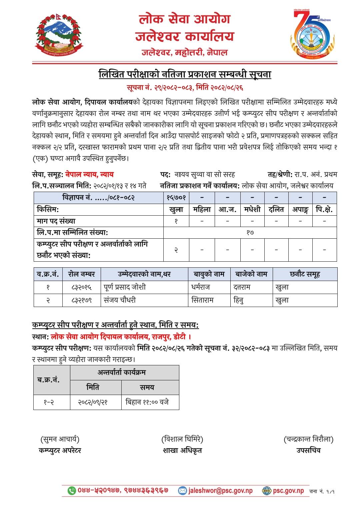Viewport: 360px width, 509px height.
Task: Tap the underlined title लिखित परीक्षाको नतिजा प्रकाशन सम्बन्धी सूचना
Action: [x=185, y=74]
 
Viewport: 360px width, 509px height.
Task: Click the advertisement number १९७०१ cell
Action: [x=176, y=198]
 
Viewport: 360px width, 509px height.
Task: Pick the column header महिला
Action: [x=202, y=210]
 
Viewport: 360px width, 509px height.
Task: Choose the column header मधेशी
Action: [x=252, y=210]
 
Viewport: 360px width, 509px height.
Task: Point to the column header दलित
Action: [x=276, y=210]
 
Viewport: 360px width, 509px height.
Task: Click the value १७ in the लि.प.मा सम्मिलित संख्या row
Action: [x=250, y=233]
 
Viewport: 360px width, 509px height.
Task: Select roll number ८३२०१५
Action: [x=81, y=287]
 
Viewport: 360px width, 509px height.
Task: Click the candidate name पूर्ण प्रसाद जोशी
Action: [x=125, y=287]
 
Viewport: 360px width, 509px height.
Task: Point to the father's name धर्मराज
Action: [x=201, y=287]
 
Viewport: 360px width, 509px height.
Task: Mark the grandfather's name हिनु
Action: [x=239, y=300]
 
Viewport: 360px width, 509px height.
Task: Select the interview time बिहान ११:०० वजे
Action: [x=147, y=402]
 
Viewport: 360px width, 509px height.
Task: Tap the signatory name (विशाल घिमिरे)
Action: [x=182, y=440]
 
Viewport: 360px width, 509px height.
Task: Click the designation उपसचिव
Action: [x=308, y=450]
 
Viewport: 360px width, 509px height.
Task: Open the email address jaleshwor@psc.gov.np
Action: [x=220, y=491]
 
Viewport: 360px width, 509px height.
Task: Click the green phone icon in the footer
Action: [x=72, y=491]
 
